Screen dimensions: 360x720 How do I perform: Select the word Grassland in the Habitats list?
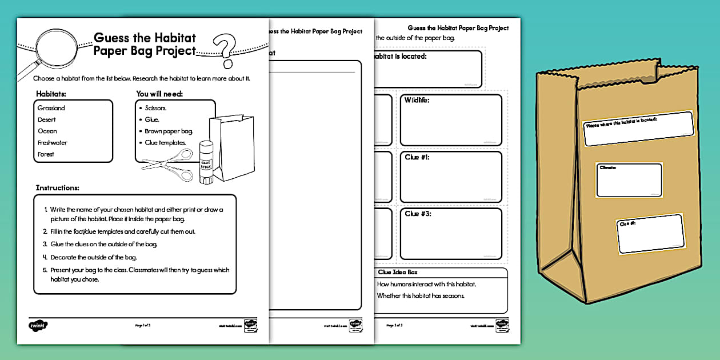pos(51,108)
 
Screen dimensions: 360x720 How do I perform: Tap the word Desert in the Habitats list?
pos(47,119)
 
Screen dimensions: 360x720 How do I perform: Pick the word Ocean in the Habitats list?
pos(47,131)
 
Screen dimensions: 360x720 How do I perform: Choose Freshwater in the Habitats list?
pos(53,143)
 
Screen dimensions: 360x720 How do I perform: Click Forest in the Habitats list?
pos(46,154)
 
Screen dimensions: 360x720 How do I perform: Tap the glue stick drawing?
pos(206,164)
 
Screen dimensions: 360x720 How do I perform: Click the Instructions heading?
pos(57,187)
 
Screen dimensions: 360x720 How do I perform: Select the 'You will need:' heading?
pos(159,94)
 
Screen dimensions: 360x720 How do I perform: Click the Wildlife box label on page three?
pos(417,100)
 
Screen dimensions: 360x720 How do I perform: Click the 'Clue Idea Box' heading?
pos(398,272)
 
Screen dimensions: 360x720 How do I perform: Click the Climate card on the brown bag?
pos(629,181)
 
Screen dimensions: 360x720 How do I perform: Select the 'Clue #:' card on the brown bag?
pos(650,234)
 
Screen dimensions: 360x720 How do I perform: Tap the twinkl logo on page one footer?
pos(38,325)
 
